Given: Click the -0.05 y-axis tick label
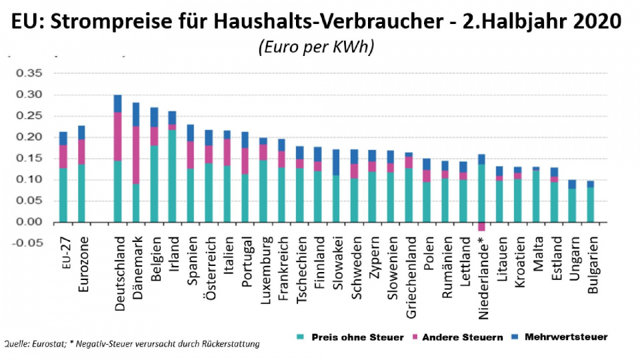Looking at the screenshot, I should click(26, 243).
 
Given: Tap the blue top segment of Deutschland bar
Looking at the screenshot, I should click(118, 103).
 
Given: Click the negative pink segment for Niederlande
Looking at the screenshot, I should click(481, 227).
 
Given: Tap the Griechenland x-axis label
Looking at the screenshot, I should click(409, 273).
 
